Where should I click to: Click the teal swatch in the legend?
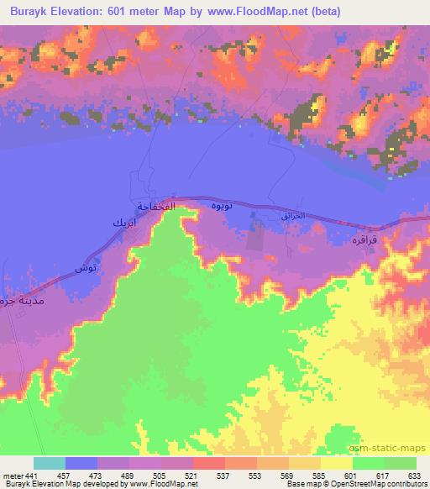50,464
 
